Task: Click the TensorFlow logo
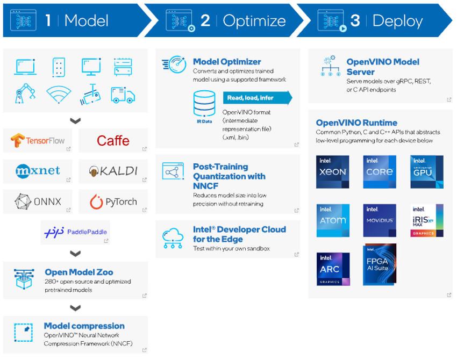(x=37, y=141)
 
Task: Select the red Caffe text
(x=113, y=141)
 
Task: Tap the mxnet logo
(x=37, y=171)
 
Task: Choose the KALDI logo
(x=113, y=171)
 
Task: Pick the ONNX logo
(x=37, y=202)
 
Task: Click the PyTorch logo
(x=113, y=202)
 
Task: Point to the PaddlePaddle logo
(x=75, y=232)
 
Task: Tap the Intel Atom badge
(x=333, y=220)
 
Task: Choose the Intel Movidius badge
(x=380, y=220)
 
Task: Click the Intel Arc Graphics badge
(x=333, y=268)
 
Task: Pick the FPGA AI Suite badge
(x=380, y=264)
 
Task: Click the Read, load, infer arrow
(x=257, y=98)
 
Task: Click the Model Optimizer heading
(x=227, y=62)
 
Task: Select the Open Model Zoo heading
(x=78, y=272)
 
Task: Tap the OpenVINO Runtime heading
(x=356, y=123)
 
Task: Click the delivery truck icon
(x=123, y=95)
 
